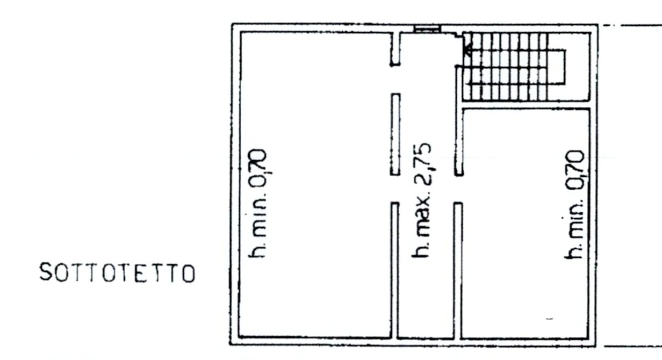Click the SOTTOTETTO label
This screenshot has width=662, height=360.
click(x=117, y=272)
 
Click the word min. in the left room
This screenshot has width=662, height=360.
click(x=258, y=213)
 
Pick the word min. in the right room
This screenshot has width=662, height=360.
click(x=573, y=218)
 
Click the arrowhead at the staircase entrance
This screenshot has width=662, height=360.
click(x=467, y=51)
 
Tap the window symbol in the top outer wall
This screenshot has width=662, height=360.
click(x=427, y=29)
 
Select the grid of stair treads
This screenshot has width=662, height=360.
click(x=505, y=67)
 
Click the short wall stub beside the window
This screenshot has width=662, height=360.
click(x=395, y=49)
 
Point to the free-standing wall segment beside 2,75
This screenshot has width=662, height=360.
click(x=395, y=134)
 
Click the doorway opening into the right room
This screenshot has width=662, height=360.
click(x=458, y=189)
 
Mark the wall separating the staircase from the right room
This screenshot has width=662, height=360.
click(x=526, y=105)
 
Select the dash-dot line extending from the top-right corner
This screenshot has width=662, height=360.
click(x=632, y=26)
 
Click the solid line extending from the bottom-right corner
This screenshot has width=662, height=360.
click(x=632, y=346)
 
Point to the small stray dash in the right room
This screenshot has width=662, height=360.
click(x=549, y=319)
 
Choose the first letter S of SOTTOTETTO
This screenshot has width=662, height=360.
click(x=46, y=272)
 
